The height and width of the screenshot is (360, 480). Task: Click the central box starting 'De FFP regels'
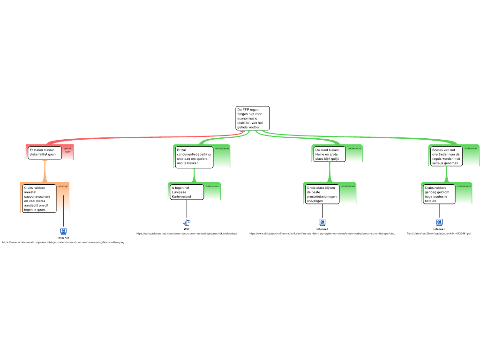252,118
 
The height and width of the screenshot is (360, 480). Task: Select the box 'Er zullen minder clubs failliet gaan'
45,152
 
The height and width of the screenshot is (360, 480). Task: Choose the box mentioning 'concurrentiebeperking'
194,157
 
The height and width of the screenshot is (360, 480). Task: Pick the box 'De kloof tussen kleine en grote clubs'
329,154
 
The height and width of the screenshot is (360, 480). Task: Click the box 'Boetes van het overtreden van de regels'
446,156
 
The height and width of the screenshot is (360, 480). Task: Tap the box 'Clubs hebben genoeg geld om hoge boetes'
439,194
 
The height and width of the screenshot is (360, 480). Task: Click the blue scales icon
187,222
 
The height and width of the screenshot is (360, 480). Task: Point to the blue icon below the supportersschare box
63,231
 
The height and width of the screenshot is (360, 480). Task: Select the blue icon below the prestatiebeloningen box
322,222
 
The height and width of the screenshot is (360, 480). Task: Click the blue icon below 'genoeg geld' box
439,222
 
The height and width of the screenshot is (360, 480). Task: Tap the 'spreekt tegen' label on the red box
68,150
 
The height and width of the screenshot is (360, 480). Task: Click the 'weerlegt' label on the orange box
63,187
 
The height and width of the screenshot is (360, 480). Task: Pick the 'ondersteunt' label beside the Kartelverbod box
212,187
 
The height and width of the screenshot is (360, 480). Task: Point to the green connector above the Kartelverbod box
194,175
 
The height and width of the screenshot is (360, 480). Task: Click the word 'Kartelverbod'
182,196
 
